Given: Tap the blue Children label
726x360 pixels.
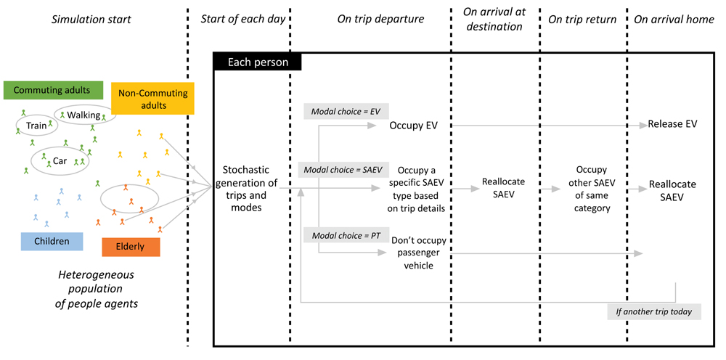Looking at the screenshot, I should click(x=52, y=241).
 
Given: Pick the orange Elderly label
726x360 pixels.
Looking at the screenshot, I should click(x=131, y=247).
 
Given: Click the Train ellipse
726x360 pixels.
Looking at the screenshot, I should click(x=36, y=126).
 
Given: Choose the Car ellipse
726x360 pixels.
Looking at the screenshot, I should click(x=60, y=160).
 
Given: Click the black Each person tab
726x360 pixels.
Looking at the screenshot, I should click(x=257, y=62).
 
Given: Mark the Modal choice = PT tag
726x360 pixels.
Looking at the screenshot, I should click(x=346, y=234).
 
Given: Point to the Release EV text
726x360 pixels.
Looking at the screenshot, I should click(x=672, y=124).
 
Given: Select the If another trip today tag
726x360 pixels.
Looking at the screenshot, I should click(x=653, y=312).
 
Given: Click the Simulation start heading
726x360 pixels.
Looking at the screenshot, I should click(x=91, y=20).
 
